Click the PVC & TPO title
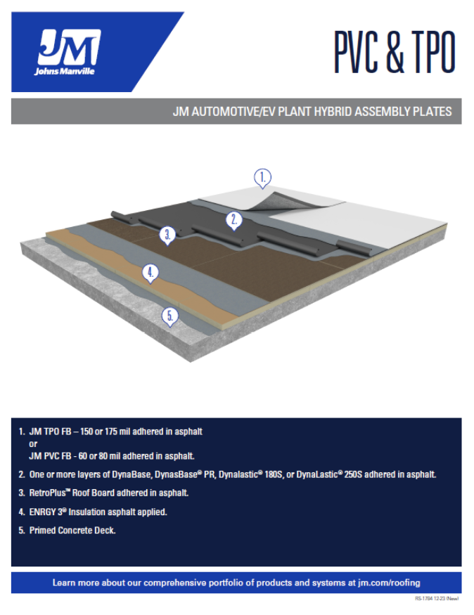(394, 53)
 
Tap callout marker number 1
(262, 178)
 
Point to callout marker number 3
(167, 234)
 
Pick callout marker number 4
(149, 272)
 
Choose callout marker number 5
(169, 316)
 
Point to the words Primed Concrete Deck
(72, 530)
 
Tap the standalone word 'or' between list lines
(33, 444)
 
